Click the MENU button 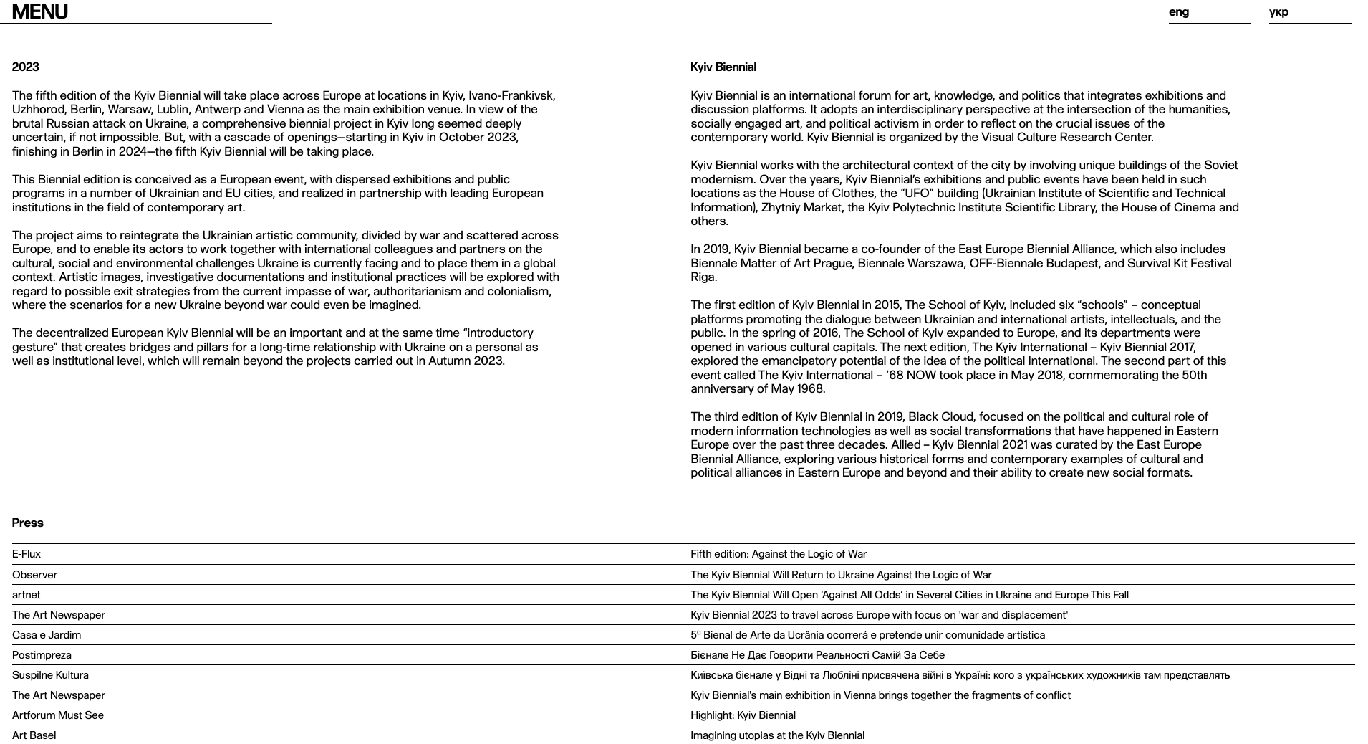[x=40, y=12]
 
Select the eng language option [x=1179, y=12]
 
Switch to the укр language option [x=1278, y=12]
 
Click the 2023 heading [x=26, y=67]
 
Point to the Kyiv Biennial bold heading [x=723, y=67]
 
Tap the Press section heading [x=28, y=523]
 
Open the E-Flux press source [x=27, y=554]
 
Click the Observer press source [x=34, y=575]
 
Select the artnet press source [x=27, y=595]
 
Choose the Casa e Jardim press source [x=47, y=635]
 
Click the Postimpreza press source [x=42, y=655]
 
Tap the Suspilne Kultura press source [x=50, y=675]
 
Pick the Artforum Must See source [x=58, y=715]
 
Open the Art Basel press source [x=34, y=735]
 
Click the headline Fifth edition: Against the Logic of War [x=779, y=554]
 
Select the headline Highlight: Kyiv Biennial [x=743, y=715]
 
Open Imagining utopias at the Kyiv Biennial [x=777, y=735]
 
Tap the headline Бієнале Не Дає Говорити [x=817, y=655]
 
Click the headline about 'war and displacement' [x=879, y=615]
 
